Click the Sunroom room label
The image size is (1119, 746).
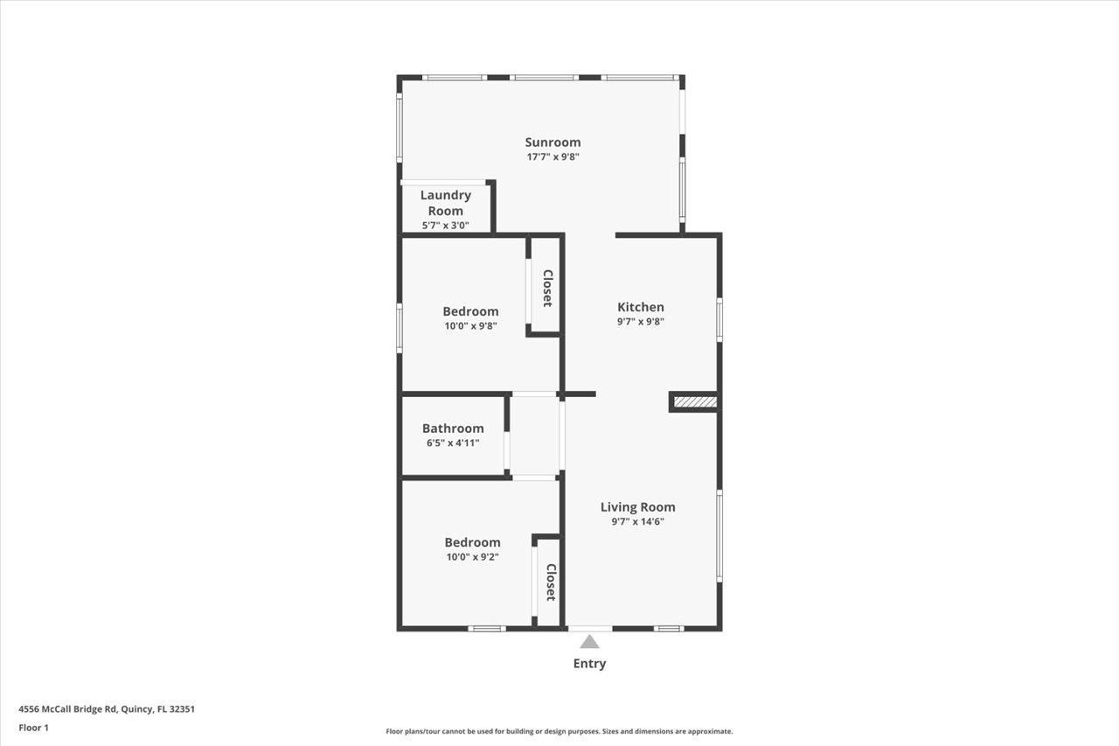[553, 143]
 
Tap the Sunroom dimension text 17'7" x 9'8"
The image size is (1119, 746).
[553, 157]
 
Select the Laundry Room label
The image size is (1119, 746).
[446, 203]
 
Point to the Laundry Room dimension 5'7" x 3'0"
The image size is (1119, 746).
[446, 226]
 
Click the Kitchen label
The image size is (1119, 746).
[641, 307]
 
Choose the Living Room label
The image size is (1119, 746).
[637, 507]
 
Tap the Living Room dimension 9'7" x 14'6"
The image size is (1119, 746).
[637, 522]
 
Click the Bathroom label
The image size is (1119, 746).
[453, 429]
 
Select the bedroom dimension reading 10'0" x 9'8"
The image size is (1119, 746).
[471, 326]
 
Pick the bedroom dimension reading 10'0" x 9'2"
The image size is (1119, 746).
[472, 556]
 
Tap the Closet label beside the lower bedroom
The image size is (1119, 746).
[551, 582]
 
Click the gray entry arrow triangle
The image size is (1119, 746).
[590, 642]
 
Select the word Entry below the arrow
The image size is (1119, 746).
[589, 664]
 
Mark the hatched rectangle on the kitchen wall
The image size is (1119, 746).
[696, 402]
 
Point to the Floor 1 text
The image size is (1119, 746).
[33, 728]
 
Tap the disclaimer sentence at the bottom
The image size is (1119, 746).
[559, 731]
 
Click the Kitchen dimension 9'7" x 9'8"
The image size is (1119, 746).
[641, 322]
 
